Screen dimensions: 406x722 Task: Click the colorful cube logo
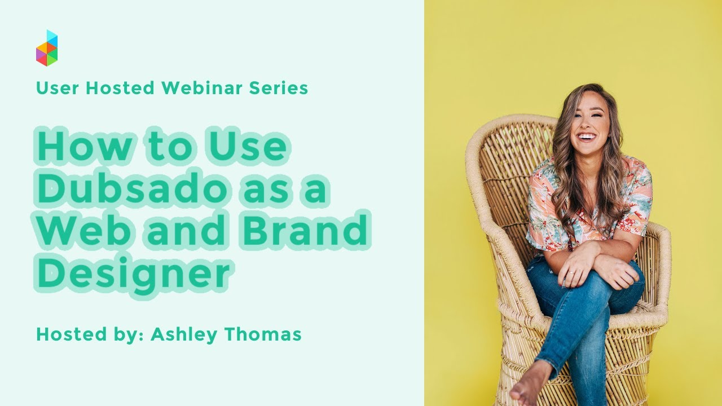47,48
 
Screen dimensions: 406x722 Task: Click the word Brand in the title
308,231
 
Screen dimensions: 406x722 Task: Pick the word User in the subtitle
54,88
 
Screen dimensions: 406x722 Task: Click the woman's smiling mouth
587,137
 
